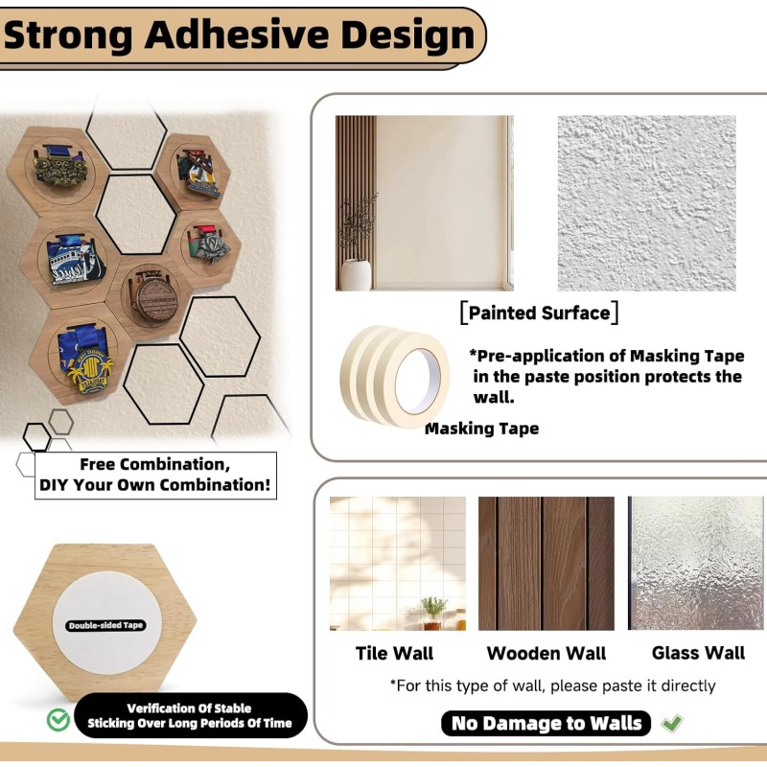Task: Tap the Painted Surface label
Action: click(x=539, y=313)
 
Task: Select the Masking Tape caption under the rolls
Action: click(x=482, y=429)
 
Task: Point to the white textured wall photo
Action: click(x=647, y=203)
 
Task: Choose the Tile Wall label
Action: click(x=394, y=653)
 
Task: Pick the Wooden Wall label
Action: click(x=546, y=653)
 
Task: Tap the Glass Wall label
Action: click(x=698, y=653)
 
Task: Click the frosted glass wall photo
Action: click(x=696, y=563)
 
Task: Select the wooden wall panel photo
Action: click(x=546, y=563)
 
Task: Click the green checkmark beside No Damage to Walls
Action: click(x=673, y=723)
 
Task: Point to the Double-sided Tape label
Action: click(x=105, y=625)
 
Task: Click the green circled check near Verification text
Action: click(x=58, y=718)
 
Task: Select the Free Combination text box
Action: click(x=155, y=475)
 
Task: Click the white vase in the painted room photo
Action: click(x=356, y=275)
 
